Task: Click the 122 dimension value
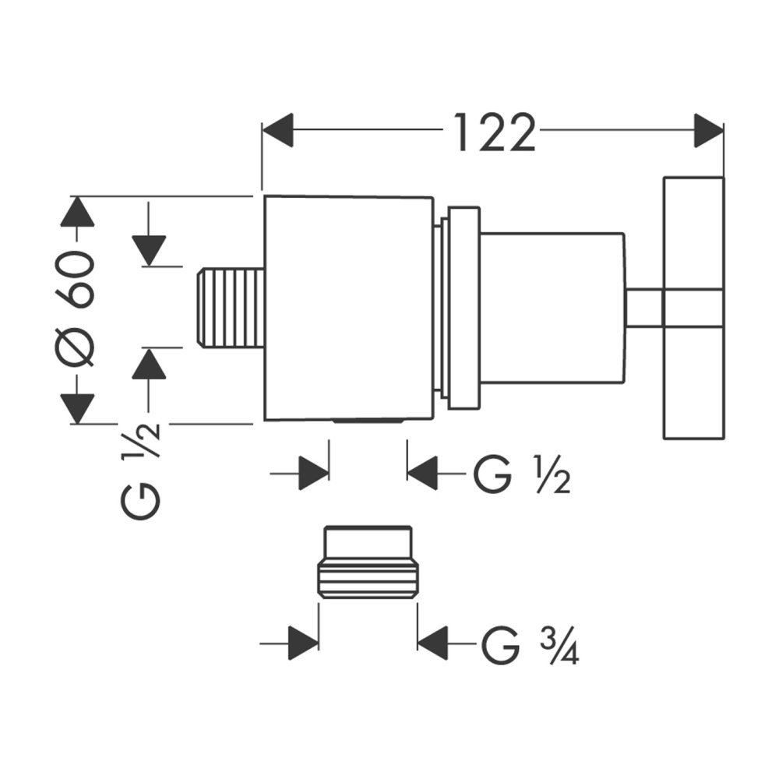pyautogui.click(x=494, y=132)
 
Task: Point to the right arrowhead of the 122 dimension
pyautogui.click(x=708, y=130)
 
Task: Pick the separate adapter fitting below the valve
pyautogui.click(x=368, y=563)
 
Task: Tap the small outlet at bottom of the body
pyautogui.click(x=368, y=421)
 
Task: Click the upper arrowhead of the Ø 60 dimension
pyautogui.click(x=76, y=213)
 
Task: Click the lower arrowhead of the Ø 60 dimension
pyautogui.click(x=76, y=407)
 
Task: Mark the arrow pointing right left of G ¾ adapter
pyautogui.click(x=305, y=643)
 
